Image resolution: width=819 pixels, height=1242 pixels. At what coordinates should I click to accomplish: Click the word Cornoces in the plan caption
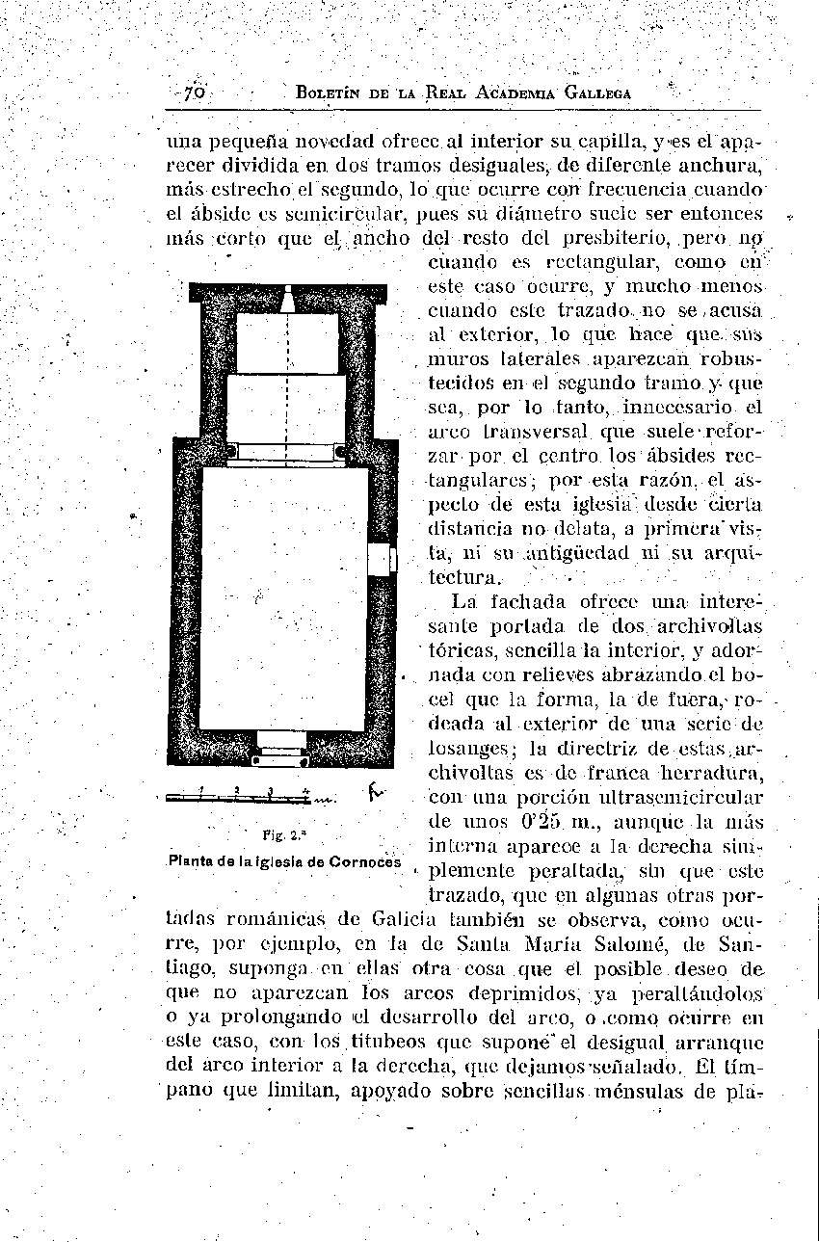(x=364, y=861)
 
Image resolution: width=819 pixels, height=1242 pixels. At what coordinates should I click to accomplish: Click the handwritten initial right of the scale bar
(x=376, y=794)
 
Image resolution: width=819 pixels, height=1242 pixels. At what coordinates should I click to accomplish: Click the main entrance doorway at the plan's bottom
(x=281, y=747)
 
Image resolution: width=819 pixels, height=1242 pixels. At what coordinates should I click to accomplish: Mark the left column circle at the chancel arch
(x=232, y=451)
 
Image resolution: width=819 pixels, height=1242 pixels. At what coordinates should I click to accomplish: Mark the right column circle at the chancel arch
(x=339, y=451)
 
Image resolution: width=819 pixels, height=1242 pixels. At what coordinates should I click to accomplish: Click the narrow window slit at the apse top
(x=287, y=300)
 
